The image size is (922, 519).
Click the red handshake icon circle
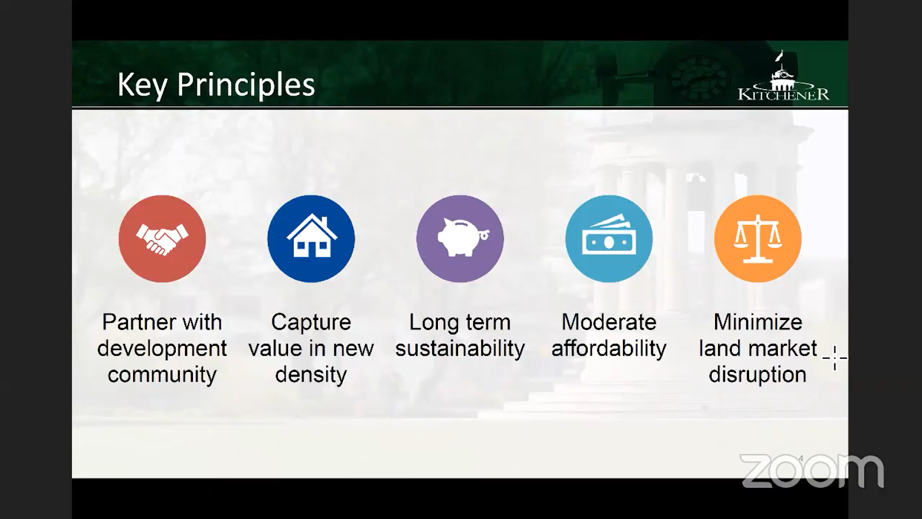(x=162, y=239)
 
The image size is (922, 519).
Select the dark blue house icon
(x=311, y=239)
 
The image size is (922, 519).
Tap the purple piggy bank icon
(x=460, y=239)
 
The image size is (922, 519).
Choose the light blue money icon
(x=609, y=239)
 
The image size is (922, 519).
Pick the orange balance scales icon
(x=758, y=239)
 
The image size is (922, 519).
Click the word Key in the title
(x=142, y=85)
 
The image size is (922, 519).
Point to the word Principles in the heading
(x=245, y=84)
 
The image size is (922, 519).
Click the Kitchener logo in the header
(x=783, y=76)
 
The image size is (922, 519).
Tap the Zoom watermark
(x=812, y=471)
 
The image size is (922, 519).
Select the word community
(x=162, y=375)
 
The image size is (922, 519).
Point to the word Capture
(x=311, y=322)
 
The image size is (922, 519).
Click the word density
(x=311, y=375)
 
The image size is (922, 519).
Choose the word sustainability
(x=460, y=348)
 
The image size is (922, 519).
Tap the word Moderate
(x=609, y=322)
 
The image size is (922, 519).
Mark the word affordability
(x=609, y=349)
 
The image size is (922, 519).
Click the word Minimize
(x=758, y=322)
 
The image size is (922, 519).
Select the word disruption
(x=757, y=375)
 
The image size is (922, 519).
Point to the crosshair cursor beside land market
(x=835, y=358)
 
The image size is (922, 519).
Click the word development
(x=162, y=349)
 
